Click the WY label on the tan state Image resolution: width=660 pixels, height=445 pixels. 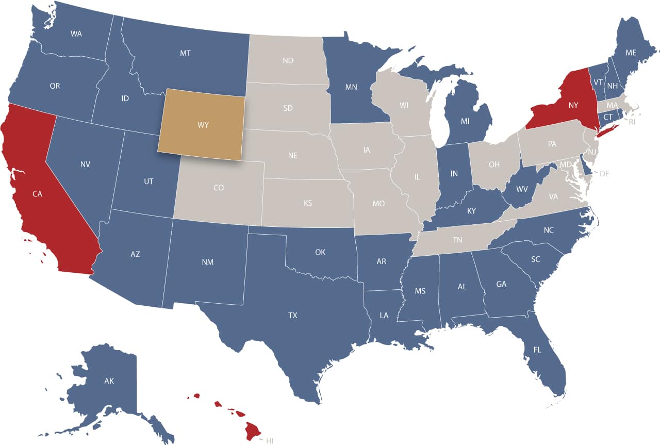coord(203,125)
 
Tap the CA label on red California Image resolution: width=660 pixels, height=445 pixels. coord(37,194)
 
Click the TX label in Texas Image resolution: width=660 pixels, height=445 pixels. coord(292,315)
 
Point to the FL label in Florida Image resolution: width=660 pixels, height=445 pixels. coord(537,350)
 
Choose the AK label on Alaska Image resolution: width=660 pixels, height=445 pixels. coord(109,381)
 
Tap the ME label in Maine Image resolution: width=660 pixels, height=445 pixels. coord(631,53)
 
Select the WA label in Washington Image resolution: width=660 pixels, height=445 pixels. coord(76,34)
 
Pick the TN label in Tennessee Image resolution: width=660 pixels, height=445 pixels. coord(457,240)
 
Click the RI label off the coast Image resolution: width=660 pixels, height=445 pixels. coord(632,122)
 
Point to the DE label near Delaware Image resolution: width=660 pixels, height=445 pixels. coord(604,174)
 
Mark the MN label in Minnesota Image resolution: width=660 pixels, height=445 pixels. coord(351,87)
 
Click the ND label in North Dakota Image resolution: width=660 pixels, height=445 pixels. coord(288,61)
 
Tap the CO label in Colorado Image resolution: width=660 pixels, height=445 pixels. coord(218,188)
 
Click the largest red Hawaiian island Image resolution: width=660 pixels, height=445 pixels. coord(254,431)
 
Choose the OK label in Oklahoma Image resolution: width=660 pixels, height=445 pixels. coord(320,252)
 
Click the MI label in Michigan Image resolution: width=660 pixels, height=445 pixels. coord(465,122)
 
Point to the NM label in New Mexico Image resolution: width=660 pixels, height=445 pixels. coord(208,262)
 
